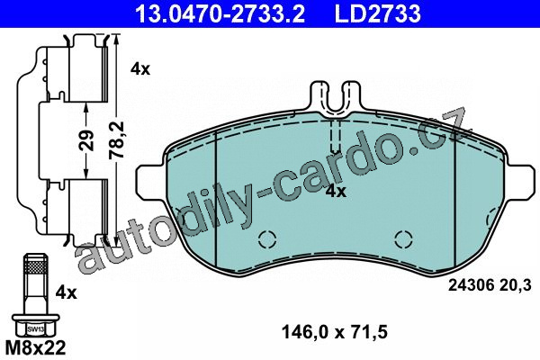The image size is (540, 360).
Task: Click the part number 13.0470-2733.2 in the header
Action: [x=220, y=13]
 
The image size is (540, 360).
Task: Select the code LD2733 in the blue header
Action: [x=378, y=13]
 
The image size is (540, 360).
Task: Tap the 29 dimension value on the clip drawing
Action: [x=88, y=140]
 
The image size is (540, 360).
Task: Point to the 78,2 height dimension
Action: [x=116, y=139]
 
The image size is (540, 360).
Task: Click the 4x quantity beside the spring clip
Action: [x=140, y=69]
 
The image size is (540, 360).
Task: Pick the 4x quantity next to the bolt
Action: [x=67, y=292]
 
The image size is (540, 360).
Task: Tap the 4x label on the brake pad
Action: [x=336, y=191]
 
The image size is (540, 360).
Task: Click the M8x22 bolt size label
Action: [x=36, y=348]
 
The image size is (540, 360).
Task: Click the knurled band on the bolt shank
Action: [x=35, y=266]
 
